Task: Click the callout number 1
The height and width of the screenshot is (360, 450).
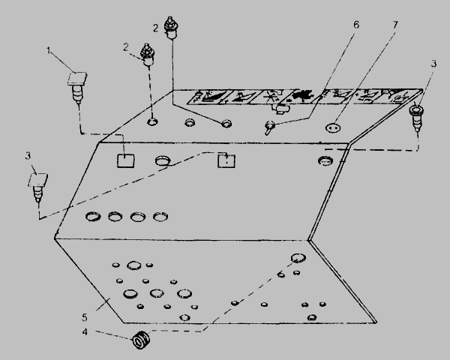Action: pyautogui.click(x=49, y=51)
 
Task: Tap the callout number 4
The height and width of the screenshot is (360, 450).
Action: pyautogui.click(x=85, y=332)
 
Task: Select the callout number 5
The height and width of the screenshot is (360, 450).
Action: pyautogui.click(x=84, y=317)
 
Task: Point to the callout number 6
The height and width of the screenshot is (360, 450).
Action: pyautogui.click(x=355, y=25)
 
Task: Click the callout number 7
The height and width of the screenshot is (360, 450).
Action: pyautogui.click(x=395, y=25)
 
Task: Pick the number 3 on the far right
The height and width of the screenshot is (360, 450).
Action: pyautogui.click(x=433, y=64)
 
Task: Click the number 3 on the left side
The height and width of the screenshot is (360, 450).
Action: pyautogui.click(x=28, y=156)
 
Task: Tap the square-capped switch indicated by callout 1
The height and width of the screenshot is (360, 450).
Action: pyautogui.click(x=77, y=87)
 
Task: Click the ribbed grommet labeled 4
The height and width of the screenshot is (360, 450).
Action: pyautogui.click(x=141, y=340)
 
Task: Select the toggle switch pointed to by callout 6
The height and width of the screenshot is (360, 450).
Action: pyautogui.click(x=269, y=127)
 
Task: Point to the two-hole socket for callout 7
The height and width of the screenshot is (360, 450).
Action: pyautogui.click(x=332, y=127)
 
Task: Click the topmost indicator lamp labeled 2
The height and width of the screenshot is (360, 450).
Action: pyautogui.click(x=170, y=28)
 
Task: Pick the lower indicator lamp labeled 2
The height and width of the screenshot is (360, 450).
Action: pyautogui.click(x=148, y=55)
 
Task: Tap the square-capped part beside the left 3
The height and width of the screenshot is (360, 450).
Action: pyautogui.click(x=38, y=187)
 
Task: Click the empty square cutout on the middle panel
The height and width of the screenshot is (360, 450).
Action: pyautogui.click(x=126, y=160)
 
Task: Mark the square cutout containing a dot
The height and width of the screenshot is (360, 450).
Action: pyautogui.click(x=226, y=160)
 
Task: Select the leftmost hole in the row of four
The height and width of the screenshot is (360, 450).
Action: pyautogui.click(x=93, y=216)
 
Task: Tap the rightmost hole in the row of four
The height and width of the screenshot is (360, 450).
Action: pyautogui.click(x=160, y=217)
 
